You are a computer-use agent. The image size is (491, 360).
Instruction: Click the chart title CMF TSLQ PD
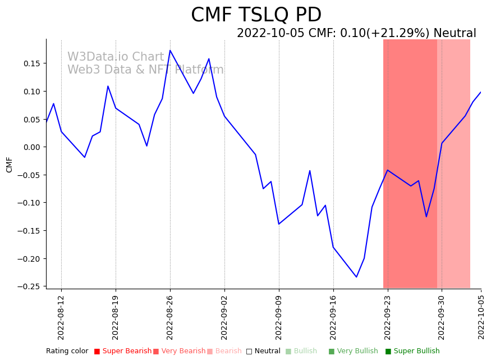point(256,15)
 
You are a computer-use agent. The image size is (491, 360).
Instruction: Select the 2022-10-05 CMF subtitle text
point(356,34)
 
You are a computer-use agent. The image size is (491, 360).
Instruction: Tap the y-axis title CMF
point(10,165)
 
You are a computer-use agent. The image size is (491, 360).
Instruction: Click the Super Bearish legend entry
point(123,351)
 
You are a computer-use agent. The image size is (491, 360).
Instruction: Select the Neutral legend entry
point(263,351)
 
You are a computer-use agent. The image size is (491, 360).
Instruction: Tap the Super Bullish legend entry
point(412,351)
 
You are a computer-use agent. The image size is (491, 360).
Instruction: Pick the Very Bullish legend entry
point(354,351)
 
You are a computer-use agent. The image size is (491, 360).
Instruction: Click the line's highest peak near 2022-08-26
point(170,51)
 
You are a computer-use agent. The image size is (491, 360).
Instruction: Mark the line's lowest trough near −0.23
point(356,277)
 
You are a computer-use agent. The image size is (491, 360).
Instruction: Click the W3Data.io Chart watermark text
point(116,57)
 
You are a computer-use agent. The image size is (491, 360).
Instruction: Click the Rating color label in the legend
point(67,351)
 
